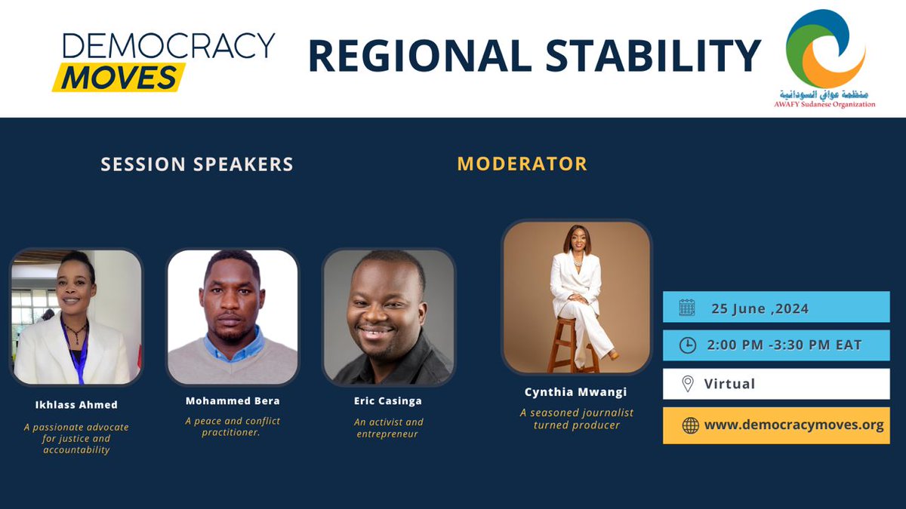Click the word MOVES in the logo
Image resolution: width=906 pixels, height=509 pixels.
click(x=119, y=78)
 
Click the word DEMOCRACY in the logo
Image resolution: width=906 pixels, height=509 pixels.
click(x=168, y=47)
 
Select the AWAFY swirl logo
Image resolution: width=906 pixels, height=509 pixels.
click(x=824, y=48)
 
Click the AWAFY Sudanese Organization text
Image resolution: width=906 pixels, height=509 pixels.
click(x=824, y=105)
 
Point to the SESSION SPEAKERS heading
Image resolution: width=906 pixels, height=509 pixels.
click(x=197, y=164)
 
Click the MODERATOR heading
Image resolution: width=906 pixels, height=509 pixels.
click(x=522, y=164)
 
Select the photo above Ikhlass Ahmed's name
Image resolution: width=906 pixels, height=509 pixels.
click(x=76, y=317)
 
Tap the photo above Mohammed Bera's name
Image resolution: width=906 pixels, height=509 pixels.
click(x=233, y=317)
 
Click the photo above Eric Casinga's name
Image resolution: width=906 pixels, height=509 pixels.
click(x=389, y=317)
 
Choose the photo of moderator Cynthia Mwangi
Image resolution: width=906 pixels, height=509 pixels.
click(x=577, y=297)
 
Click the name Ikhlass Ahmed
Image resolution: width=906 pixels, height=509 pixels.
click(x=76, y=406)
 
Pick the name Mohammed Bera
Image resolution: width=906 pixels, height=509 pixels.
click(x=233, y=400)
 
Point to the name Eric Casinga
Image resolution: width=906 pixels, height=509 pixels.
click(x=389, y=400)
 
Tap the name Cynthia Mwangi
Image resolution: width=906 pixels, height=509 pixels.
click(x=577, y=392)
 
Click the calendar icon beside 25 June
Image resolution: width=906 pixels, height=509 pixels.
click(x=687, y=308)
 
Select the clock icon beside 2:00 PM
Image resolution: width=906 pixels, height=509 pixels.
click(x=687, y=345)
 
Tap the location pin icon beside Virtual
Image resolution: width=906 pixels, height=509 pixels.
click(x=687, y=384)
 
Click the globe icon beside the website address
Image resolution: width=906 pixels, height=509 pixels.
click(x=690, y=425)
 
